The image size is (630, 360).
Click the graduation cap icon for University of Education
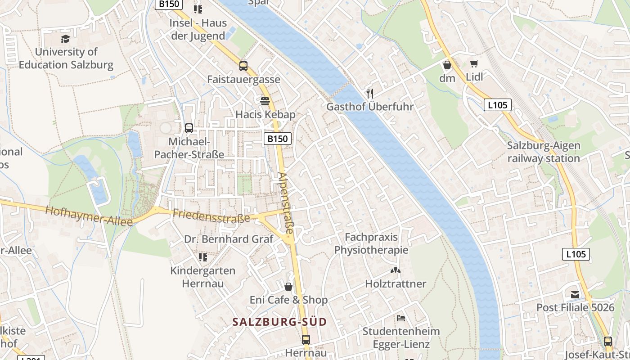tap(66, 39)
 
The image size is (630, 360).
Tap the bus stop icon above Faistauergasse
tap(243, 66)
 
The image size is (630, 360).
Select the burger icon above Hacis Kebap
tap(265, 101)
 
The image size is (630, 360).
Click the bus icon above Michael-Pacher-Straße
tap(189, 128)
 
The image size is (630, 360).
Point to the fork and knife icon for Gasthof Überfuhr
tap(370, 94)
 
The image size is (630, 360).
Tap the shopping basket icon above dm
tap(447, 65)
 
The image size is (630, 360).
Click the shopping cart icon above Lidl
tap(474, 64)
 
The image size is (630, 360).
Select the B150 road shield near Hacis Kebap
tap(277, 139)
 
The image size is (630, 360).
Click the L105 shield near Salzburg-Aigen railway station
tap(498, 105)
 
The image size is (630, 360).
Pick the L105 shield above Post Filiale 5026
tap(576, 254)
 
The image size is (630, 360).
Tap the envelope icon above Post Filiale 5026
tap(575, 295)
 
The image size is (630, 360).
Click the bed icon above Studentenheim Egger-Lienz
tap(401, 318)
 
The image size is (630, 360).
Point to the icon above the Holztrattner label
tap(396, 271)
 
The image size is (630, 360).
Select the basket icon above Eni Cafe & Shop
tap(288, 287)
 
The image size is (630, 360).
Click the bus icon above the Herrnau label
tap(306, 340)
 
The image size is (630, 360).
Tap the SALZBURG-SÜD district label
tap(279, 322)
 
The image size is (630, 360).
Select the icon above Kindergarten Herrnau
tap(203, 257)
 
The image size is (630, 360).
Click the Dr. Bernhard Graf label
tap(229, 239)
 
